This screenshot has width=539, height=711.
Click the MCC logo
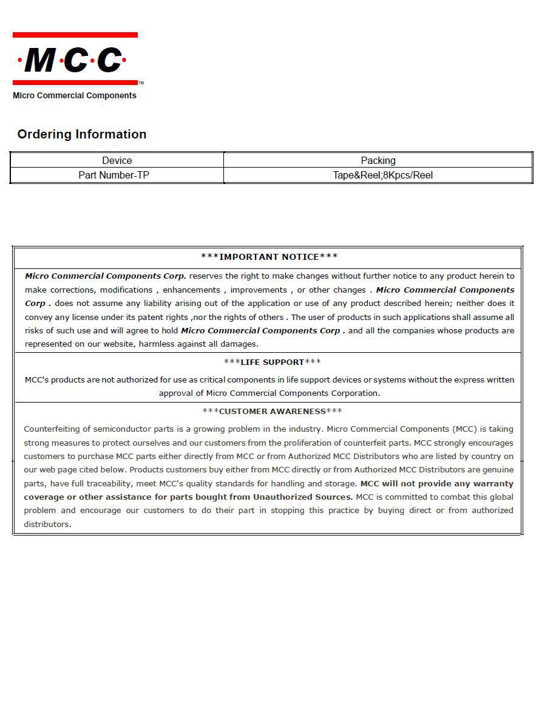tap(75, 59)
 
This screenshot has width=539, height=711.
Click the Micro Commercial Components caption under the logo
tap(75, 95)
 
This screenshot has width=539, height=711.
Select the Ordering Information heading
tap(82, 134)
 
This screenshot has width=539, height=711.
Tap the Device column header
tap(117, 160)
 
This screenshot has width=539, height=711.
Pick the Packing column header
tap(378, 160)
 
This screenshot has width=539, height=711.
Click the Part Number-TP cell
tap(114, 175)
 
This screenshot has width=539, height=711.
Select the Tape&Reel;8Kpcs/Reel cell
tap(382, 175)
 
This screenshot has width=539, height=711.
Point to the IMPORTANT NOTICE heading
tap(269, 257)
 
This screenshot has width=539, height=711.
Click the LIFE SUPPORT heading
tap(272, 362)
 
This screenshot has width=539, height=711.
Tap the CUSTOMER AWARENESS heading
tap(272, 411)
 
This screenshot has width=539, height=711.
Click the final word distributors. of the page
tap(47, 524)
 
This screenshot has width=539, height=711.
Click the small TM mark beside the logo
tap(141, 83)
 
